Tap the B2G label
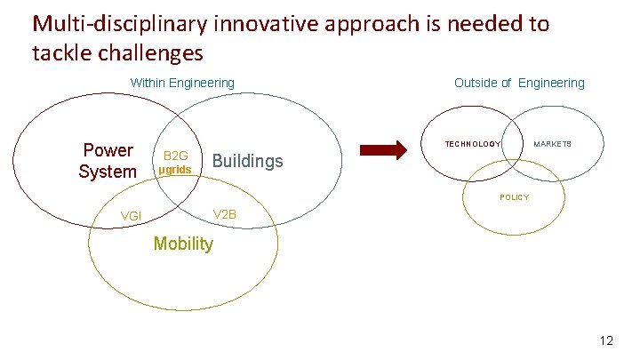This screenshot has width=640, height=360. point(176,156)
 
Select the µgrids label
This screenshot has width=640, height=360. point(175,170)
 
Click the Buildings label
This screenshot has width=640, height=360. point(248,161)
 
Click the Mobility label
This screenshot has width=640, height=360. point(183,244)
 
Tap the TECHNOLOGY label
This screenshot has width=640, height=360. point(472,144)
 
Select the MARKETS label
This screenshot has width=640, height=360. point(552,144)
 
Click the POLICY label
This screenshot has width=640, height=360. point(514,197)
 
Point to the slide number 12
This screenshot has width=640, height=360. point(607,340)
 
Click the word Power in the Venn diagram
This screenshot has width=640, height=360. point(108,150)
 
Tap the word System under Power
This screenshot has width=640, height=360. point(108,172)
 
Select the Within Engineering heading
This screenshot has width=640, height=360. point(182,83)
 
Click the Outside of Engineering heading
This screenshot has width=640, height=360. point(519,83)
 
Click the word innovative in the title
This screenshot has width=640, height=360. point(264,24)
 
